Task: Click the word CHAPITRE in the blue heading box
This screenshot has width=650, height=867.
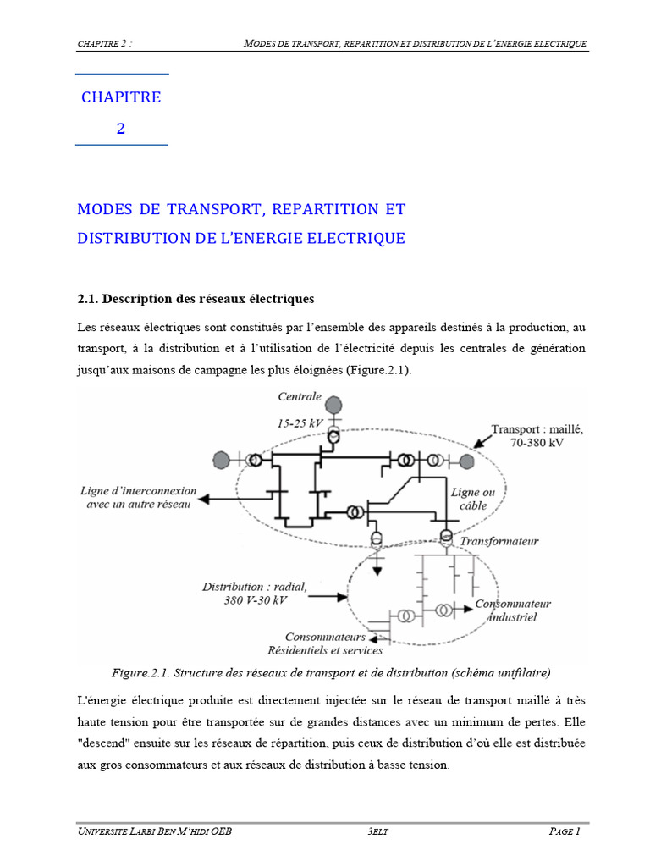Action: point(121,97)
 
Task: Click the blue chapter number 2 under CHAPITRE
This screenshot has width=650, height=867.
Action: point(121,130)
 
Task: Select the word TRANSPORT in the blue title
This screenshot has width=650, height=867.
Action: point(210,209)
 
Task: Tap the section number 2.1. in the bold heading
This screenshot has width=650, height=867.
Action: point(89,299)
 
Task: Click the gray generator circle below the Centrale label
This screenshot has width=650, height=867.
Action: point(335,405)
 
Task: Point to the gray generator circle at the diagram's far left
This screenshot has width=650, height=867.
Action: point(222,460)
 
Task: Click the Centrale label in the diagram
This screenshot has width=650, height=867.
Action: point(300,396)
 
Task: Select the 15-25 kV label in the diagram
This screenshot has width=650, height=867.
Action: point(300,422)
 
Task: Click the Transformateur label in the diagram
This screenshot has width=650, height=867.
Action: point(499,541)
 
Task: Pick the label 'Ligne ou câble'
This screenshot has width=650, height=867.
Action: point(472,499)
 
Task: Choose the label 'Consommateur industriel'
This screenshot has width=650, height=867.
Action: point(512,610)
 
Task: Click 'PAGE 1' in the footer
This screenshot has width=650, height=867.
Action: point(564,831)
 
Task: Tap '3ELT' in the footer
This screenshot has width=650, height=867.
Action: point(378,831)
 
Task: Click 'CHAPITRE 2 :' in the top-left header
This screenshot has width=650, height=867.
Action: point(104,43)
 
